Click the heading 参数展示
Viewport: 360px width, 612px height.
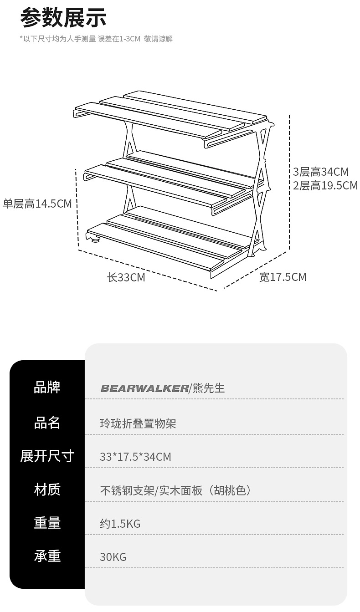(x=63, y=19)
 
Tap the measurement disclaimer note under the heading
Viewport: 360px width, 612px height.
(x=96, y=39)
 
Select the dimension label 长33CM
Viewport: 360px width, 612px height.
(x=126, y=277)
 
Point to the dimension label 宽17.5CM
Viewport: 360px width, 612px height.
(x=283, y=277)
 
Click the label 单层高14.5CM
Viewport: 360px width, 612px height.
(x=37, y=204)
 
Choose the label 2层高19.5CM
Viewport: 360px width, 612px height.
(x=325, y=186)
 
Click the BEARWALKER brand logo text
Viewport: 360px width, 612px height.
(x=144, y=388)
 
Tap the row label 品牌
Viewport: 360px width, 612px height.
(x=47, y=388)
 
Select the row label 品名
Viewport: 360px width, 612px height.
(x=47, y=423)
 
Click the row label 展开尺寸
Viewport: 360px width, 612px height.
(x=47, y=456)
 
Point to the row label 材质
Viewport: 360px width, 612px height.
(x=47, y=490)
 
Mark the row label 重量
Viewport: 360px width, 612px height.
(x=47, y=523)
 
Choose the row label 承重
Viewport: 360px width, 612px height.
(x=47, y=556)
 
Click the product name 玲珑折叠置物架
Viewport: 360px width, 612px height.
(x=138, y=424)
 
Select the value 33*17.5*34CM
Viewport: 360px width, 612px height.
(x=135, y=457)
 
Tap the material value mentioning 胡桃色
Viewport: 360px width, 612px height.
(x=175, y=490)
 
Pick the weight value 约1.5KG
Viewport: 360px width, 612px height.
(x=120, y=524)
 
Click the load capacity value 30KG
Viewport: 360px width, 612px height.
(x=113, y=557)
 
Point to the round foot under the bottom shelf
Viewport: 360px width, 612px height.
(x=95, y=240)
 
